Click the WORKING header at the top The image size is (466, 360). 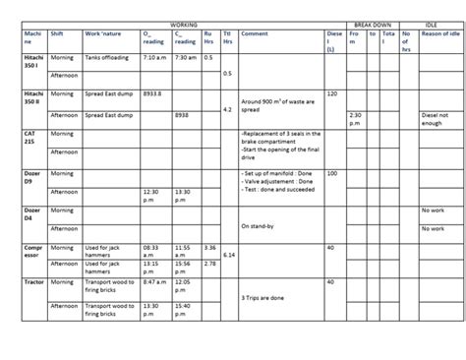tap(183, 21)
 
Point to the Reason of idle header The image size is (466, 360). tap(439, 33)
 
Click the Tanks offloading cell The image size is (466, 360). tap(106, 58)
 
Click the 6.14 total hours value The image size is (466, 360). tap(228, 255)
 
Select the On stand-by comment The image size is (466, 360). tap(257, 227)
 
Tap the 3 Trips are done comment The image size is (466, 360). tap(262, 297)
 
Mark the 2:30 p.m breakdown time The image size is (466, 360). tap(355, 119)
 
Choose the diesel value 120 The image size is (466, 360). tap(331, 93)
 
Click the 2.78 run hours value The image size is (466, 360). tap(209, 263)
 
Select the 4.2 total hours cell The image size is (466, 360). tap(227, 109)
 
